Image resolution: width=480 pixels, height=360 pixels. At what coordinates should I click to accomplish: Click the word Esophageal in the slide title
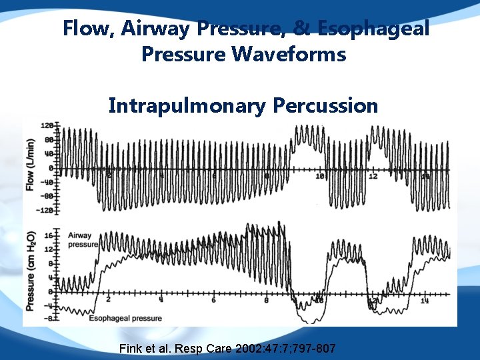[x=373, y=29]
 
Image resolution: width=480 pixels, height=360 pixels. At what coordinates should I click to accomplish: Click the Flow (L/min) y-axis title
[x=30, y=167]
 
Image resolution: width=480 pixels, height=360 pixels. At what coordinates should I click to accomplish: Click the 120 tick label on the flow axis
[x=47, y=126]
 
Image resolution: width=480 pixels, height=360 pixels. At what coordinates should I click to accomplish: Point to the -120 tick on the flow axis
[x=45, y=210]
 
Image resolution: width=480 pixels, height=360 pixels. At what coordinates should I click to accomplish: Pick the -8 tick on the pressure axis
[x=47, y=318]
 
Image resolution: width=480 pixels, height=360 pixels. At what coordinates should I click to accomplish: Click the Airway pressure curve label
[x=79, y=240]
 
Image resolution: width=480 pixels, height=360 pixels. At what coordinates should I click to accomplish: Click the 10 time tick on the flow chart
[x=319, y=176]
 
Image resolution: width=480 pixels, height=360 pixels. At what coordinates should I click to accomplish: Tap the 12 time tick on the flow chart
[x=373, y=176]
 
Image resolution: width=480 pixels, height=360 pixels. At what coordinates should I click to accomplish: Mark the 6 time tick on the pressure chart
[x=213, y=300]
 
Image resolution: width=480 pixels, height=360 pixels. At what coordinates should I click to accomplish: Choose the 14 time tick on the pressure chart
[x=425, y=301]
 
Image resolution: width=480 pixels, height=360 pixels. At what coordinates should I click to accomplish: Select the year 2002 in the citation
[x=245, y=349]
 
